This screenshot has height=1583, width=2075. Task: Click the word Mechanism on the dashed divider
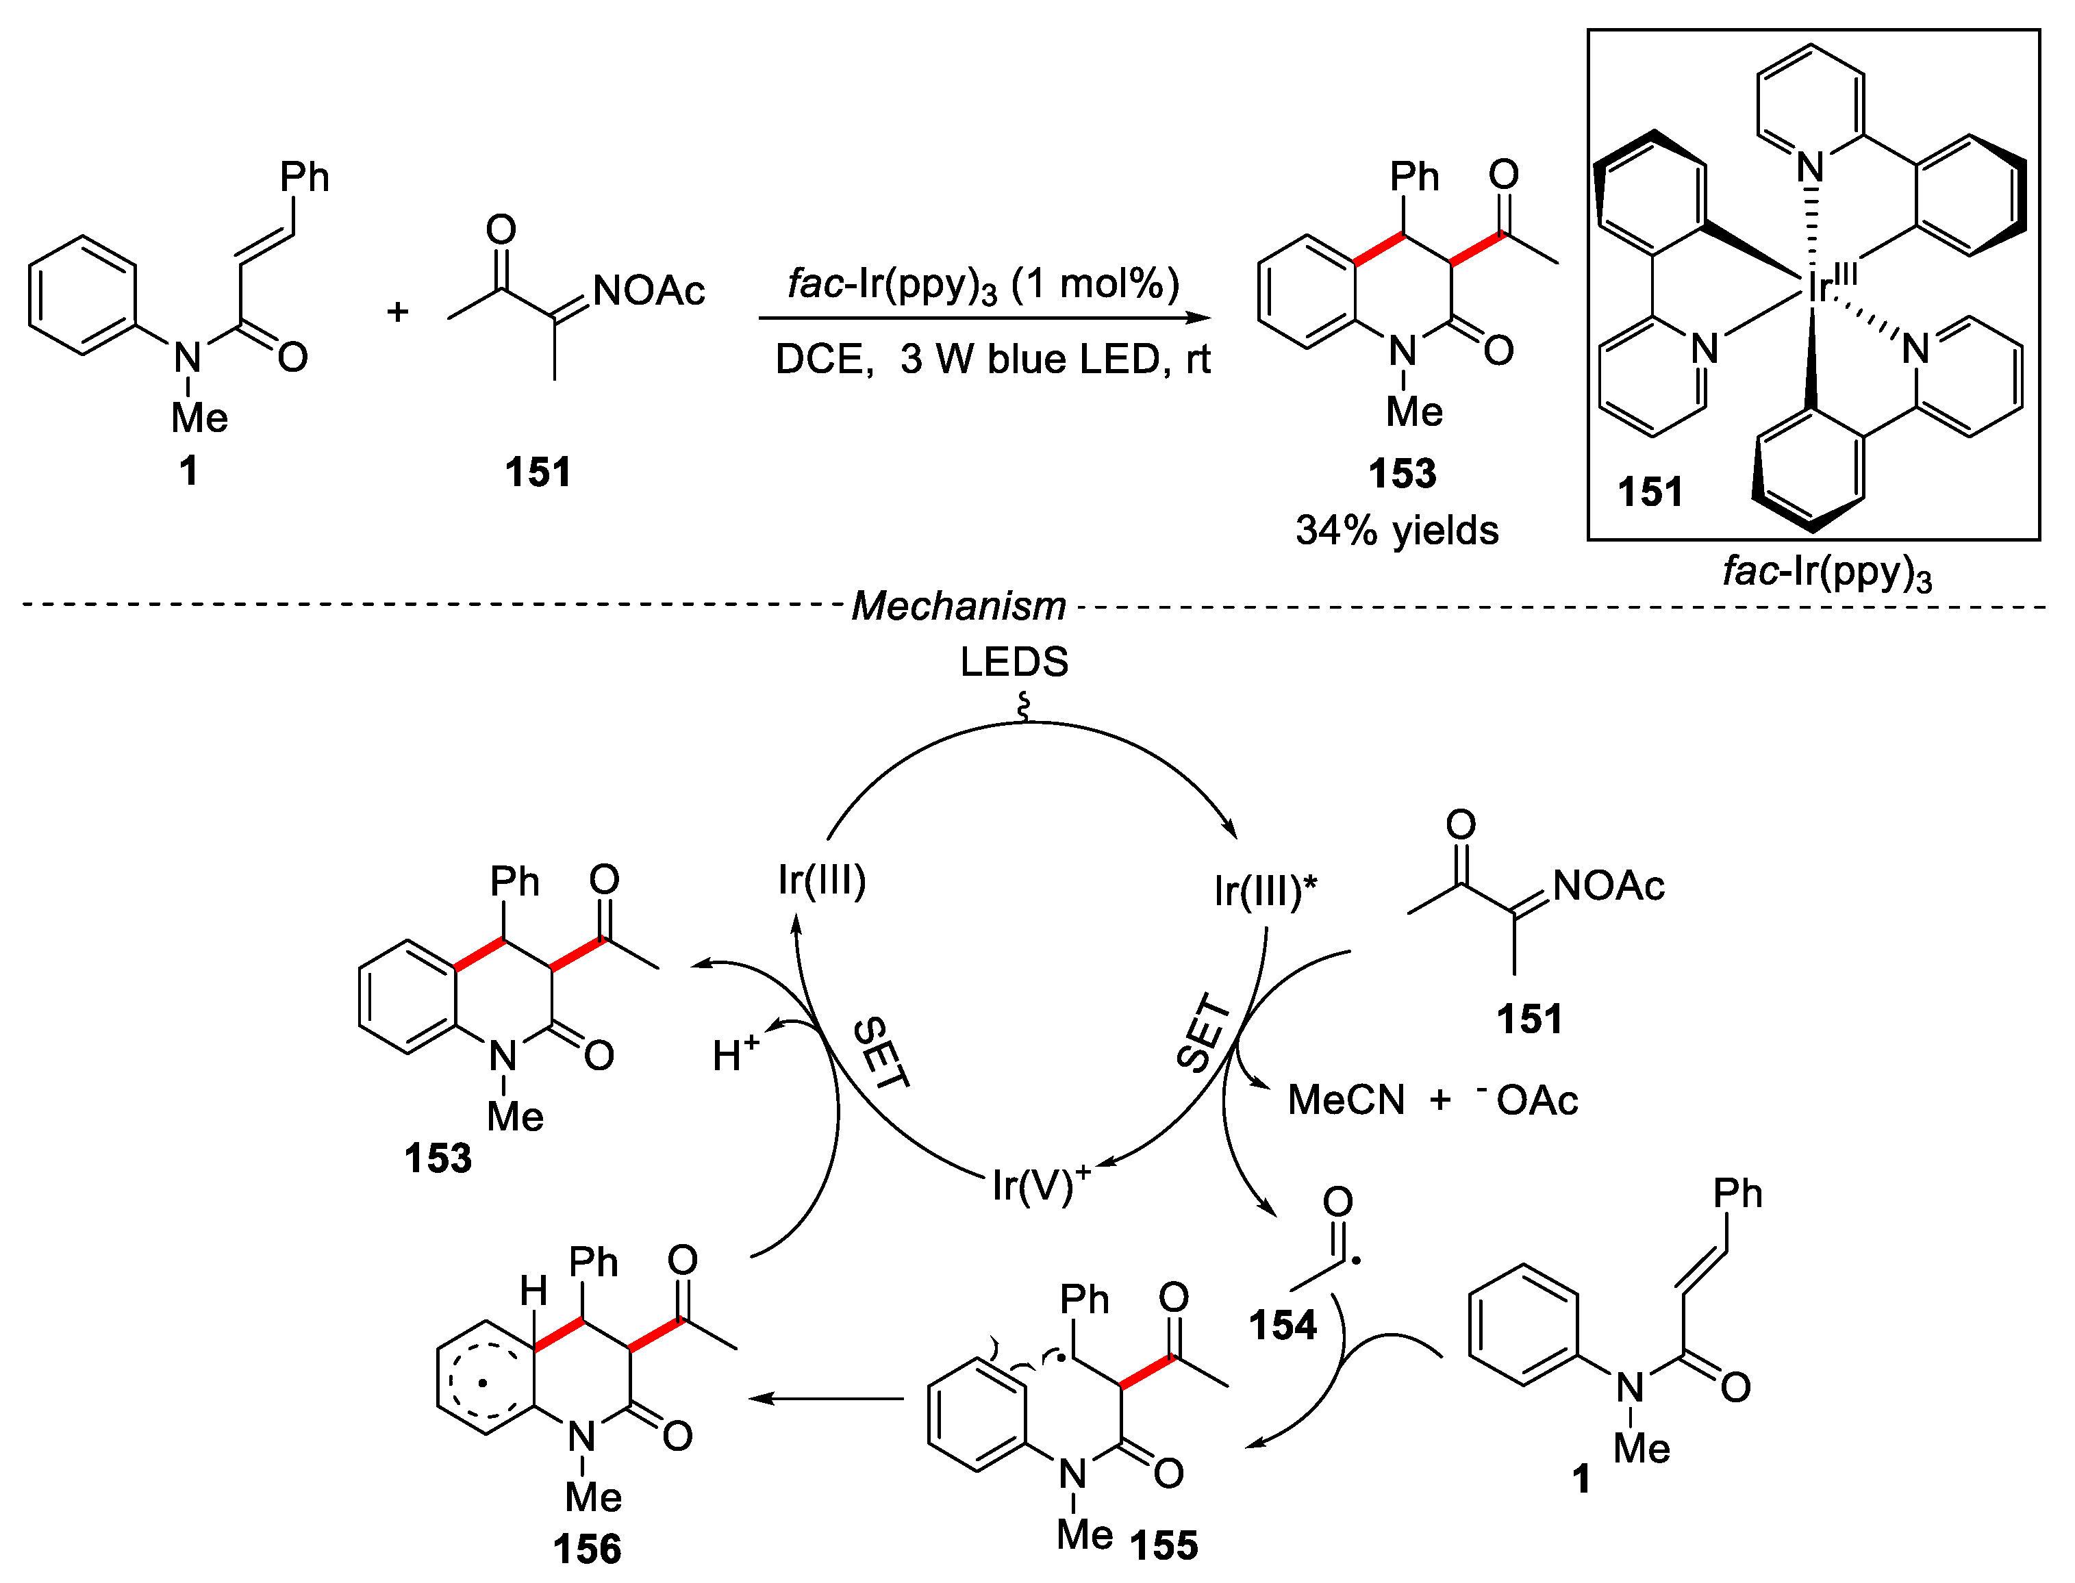[x=957, y=606]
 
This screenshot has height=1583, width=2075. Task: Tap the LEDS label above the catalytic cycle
[x=1014, y=662]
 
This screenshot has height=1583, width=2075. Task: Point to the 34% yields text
[x=1396, y=531]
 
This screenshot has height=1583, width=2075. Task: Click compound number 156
[x=587, y=1549]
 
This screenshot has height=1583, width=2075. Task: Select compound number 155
[x=1164, y=1545]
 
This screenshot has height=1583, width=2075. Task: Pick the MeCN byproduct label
[x=1346, y=1100]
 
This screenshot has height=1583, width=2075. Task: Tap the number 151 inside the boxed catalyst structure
[x=1650, y=492]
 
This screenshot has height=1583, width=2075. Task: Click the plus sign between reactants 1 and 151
[x=398, y=311]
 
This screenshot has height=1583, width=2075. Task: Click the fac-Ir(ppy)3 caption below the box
[x=1826, y=572]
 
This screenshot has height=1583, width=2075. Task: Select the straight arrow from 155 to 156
[x=825, y=1398]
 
